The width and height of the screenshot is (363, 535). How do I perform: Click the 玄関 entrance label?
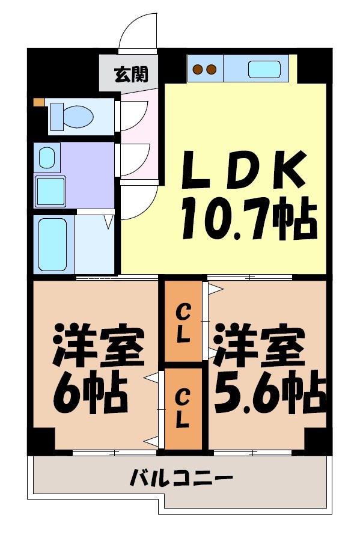[x=128, y=75]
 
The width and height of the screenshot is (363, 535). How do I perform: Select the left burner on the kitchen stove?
[x=198, y=69]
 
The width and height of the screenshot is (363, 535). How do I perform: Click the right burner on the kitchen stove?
[x=210, y=69]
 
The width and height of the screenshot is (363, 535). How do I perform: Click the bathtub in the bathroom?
[x=53, y=244]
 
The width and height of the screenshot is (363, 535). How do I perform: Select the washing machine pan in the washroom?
[x=50, y=191]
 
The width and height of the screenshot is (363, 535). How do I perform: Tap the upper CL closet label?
[x=184, y=324]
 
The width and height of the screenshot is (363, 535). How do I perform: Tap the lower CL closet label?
[x=184, y=408]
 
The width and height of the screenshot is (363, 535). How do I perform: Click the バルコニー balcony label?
[x=181, y=479]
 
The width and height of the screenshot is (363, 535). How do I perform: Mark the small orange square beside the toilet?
[x=39, y=102]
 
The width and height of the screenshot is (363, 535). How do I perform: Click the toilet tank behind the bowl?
[x=58, y=115]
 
